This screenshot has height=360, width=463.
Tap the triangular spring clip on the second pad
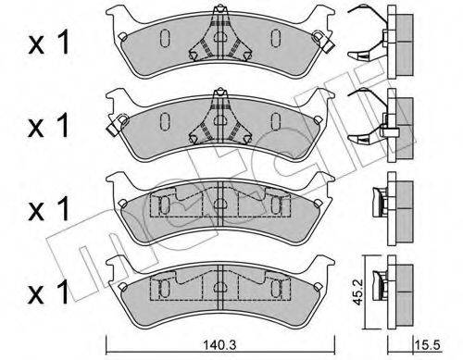tap(219, 117)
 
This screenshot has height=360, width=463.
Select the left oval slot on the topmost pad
tap(163, 38)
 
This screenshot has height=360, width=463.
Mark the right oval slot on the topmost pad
tap(275, 38)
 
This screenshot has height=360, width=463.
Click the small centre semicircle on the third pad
tap(220, 206)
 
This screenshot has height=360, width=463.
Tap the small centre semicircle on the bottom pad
tap(220, 285)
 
